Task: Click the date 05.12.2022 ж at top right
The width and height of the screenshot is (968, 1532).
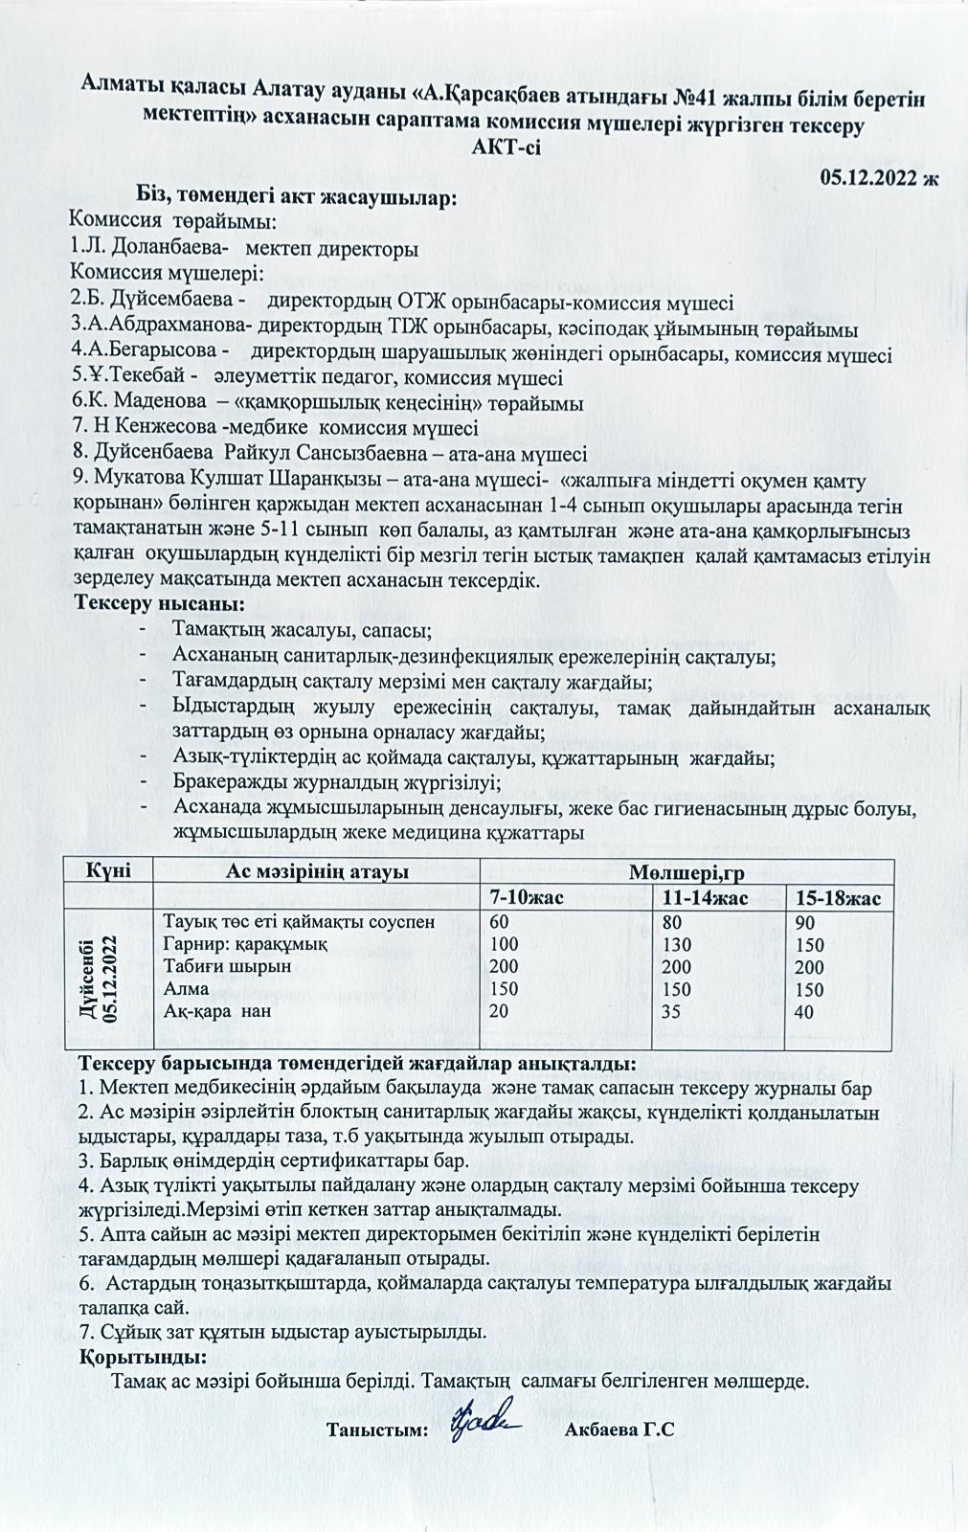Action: [880, 177]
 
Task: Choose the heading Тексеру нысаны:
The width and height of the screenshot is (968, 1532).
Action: [160, 604]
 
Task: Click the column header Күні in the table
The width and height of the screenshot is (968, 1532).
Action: [107, 872]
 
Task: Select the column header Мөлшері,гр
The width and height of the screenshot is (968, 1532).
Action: [686, 872]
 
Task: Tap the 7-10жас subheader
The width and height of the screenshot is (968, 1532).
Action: [527, 898]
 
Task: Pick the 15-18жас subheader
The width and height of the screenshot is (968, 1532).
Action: [838, 898]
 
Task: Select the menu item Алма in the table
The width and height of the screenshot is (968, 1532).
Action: [186, 988]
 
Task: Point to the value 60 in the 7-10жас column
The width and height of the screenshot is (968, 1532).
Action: [499, 922]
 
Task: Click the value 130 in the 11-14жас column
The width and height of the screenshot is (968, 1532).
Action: [675, 944]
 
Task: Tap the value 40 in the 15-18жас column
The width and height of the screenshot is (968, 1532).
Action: [804, 1011]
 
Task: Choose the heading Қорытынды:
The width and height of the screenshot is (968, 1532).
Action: [142, 1358]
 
